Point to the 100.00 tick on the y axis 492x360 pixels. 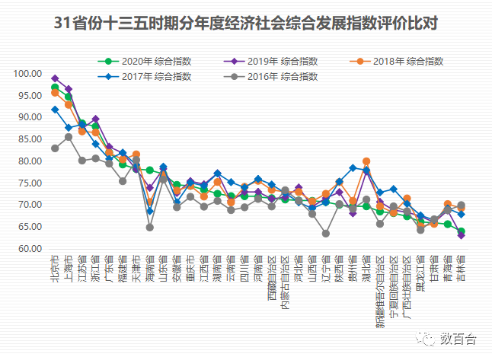pos(27,74)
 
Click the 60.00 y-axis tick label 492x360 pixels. pos(27,249)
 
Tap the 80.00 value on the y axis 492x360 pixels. pos(27,161)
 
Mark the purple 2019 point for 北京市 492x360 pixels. pos(55,78)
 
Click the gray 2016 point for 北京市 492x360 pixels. pos(55,148)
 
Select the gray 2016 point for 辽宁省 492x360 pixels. pos(326,234)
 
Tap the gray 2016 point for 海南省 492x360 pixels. pos(150,228)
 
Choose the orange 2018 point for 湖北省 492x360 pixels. pos(366,161)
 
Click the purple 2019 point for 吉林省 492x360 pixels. pos(462,235)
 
